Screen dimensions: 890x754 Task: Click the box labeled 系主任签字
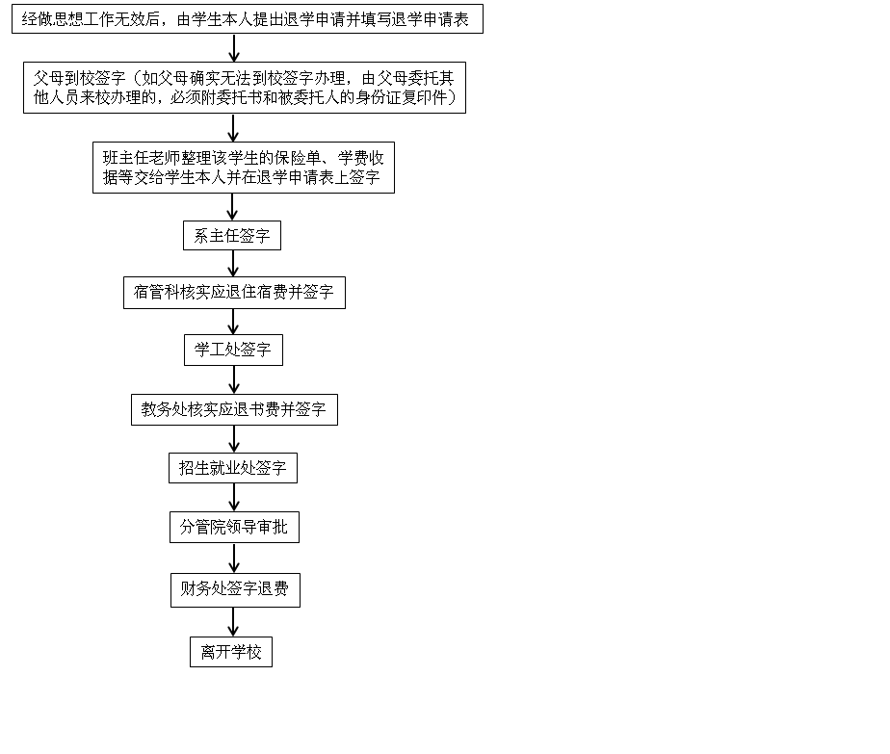231,236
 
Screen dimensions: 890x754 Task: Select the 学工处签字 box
233,351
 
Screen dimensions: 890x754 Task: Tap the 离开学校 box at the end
231,652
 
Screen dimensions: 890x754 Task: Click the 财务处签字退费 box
235,590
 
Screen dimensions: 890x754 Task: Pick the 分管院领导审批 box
234,527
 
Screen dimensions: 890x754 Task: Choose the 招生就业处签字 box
233,468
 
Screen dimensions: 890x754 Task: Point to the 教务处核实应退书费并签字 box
234,409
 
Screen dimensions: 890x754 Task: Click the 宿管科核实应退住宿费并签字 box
234,293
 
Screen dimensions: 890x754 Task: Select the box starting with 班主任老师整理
244,168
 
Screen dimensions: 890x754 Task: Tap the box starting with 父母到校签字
245,88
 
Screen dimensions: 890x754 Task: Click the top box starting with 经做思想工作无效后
248,18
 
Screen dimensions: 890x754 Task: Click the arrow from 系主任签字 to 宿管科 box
233,263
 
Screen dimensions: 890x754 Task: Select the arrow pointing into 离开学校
233,622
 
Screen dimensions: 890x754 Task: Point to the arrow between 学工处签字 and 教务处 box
234,380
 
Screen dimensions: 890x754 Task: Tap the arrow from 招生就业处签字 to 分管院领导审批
234,498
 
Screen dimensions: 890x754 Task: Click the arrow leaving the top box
234,47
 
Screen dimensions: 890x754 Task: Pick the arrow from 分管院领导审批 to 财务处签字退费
234,558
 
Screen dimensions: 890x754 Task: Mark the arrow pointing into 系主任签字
232,207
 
